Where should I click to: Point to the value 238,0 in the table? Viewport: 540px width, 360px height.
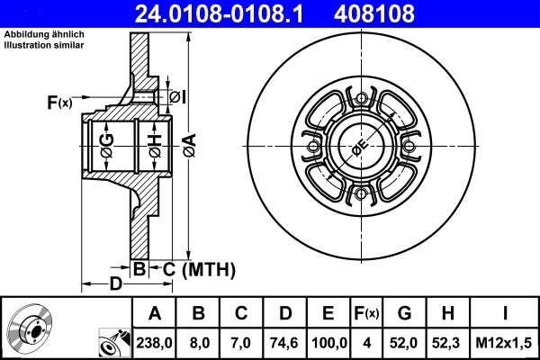pyautogui.click(x=154, y=343)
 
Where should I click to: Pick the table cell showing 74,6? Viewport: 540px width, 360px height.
pyautogui.click(x=283, y=343)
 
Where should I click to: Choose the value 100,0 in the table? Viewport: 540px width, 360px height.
pyautogui.click(x=328, y=343)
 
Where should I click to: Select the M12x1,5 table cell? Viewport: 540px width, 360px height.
pyautogui.click(x=505, y=343)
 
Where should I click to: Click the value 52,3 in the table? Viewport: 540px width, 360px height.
pyautogui.click(x=447, y=343)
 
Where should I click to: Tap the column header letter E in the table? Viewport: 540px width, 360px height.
pyautogui.click(x=328, y=314)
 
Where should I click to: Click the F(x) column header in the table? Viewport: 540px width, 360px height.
pyautogui.click(x=368, y=314)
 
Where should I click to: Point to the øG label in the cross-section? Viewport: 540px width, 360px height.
pyautogui.click(x=106, y=143)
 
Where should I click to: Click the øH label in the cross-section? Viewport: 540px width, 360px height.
pyautogui.click(x=154, y=143)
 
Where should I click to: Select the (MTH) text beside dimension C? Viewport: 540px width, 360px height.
pyautogui.click(x=209, y=268)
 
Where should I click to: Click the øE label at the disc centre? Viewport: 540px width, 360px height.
pyautogui.click(x=359, y=148)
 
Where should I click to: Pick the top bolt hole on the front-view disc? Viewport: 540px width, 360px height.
pyautogui.click(x=361, y=99)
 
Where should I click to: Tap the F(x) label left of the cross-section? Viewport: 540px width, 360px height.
pyautogui.click(x=58, y=103)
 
